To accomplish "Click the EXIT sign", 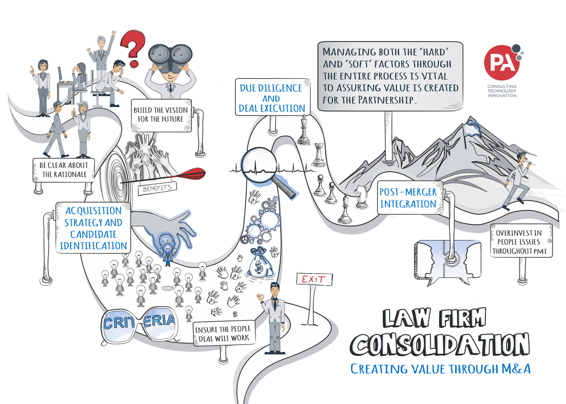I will (314, 279).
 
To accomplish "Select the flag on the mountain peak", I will (471, 129).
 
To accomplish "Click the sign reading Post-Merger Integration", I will (408, 198).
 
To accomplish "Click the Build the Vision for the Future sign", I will (161, 115).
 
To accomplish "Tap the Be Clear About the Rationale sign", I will (64, 170).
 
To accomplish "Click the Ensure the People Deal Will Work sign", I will (223, 333).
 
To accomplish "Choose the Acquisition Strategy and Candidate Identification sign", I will (93, 228).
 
